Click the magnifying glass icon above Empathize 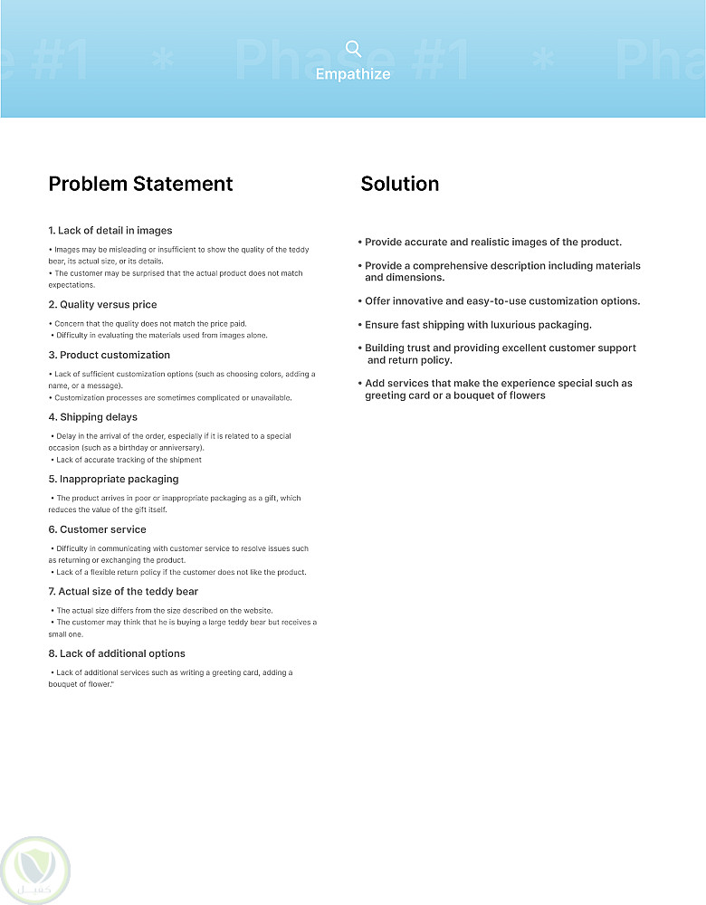[x=353, y=49]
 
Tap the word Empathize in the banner [x=353, y=74]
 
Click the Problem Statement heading [x=140, y=184]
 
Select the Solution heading [x=399, y=184]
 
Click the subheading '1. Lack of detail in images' [x=110, y=231]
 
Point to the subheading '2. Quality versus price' [x=102, y=305]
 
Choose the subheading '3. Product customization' [x=109, y=355]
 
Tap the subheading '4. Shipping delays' [x=92, y=417]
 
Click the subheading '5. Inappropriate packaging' [x=113, y=479]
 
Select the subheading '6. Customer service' [x=97, y=529]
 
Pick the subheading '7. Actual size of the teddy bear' [x=123, y=591]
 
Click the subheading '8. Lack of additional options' [x=116, y=653]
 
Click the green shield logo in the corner [x=35, y=870]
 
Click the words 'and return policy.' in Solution [x=410, y=360]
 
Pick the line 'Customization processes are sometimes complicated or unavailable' [x=173, y=398]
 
